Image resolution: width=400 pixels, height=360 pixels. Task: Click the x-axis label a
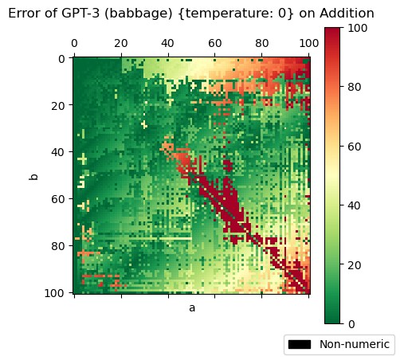pyautogui.click(x=191, y=307)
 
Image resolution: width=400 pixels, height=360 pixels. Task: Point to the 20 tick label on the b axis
pyautogui.click(x=60, y=105)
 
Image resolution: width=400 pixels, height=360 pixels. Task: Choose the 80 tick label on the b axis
pyautogui.click(x=60, y=246)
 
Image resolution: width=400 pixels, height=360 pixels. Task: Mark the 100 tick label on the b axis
pyautogui.click(x=57, y=293)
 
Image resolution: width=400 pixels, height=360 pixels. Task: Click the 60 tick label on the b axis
pyautogui.click(x=60, y=199)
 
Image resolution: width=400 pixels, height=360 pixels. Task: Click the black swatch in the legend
pyautogui.click(x=300, y=344)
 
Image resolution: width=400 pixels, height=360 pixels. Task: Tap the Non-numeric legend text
pyautogui.click(x=355, y=344)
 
